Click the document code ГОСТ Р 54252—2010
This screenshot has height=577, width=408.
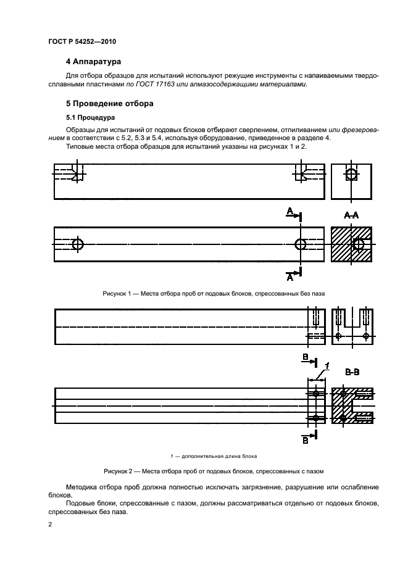(x=81, y=41)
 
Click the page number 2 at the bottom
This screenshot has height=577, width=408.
(x=50, y=525)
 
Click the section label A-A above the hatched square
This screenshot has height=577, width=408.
(x=351, y=215)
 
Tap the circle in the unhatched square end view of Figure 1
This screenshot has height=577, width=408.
(x=351, y=175)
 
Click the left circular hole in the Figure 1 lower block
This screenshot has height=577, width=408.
(x=78, y=244)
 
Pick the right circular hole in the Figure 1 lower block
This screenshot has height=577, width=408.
(x=301, y=244)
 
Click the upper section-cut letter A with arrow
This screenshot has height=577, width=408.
(x=292, y=213)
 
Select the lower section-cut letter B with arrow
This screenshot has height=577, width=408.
(x=306, y=441)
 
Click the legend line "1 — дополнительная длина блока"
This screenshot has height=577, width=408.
(x=214, y=456)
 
